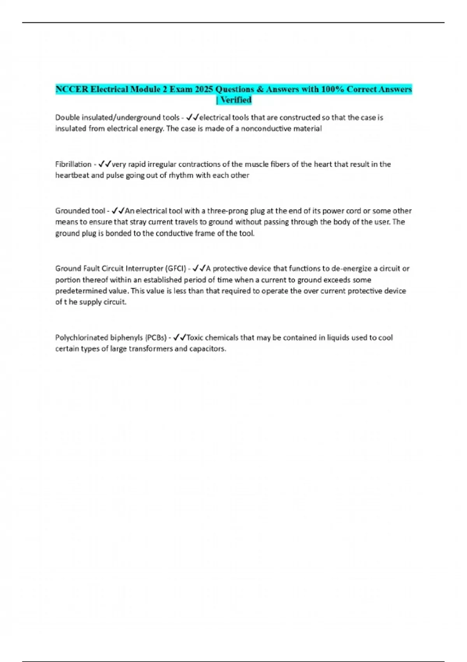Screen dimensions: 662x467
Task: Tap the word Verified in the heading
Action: [236, 100]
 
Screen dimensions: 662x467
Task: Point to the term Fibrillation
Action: [73, 164]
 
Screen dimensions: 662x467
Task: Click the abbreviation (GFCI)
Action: [176, 268]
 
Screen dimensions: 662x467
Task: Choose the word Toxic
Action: [195, 338]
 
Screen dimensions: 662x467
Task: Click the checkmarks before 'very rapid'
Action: [105, 164]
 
